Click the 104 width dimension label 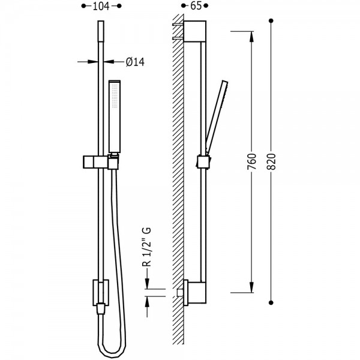101,6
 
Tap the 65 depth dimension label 196,6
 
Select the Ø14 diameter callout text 135,62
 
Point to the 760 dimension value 251,161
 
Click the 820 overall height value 271,161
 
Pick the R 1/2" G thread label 147,247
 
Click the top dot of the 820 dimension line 271,21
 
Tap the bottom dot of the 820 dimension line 271,303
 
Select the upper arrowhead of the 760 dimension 251,37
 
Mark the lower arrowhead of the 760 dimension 251,287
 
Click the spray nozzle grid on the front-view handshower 115,95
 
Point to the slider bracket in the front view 101,162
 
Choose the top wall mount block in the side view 195,31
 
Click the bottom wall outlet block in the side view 195,292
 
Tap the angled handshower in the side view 217,118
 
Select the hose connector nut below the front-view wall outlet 101,309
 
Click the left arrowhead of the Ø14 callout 93,62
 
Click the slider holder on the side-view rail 203,161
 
